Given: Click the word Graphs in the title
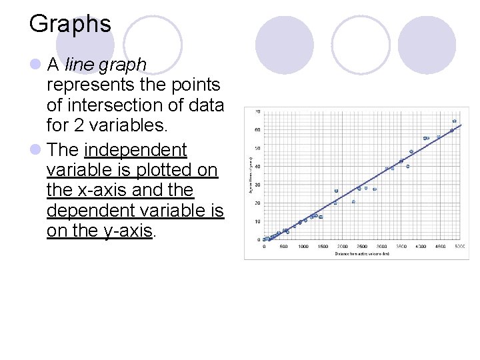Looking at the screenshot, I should pyautogui.click(x=70, y=25).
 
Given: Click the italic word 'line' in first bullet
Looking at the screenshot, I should pyautogui.click(x=80, y=65).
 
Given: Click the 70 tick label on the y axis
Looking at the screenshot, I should pyautogui.click(x=258, y=111).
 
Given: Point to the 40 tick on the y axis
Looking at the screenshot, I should pyautogui.click(x=258, y=166).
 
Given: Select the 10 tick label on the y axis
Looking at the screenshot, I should pyautogui.click(x=258, y=221).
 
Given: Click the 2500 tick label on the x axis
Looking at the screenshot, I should pyautogui.click(x=362, y=246).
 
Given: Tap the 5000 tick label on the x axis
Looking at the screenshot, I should pyautogui.click(x=460, y=246).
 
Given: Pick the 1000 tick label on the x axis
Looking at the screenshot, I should pyautogui.click(x=303, y=246).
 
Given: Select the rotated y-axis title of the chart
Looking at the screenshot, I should pyautogui.click(x=249, y=175).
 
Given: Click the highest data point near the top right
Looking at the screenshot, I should pyautogui.click(x=454, y=122).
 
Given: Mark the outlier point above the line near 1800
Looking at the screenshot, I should pyautogui.click(x=336, y=191).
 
